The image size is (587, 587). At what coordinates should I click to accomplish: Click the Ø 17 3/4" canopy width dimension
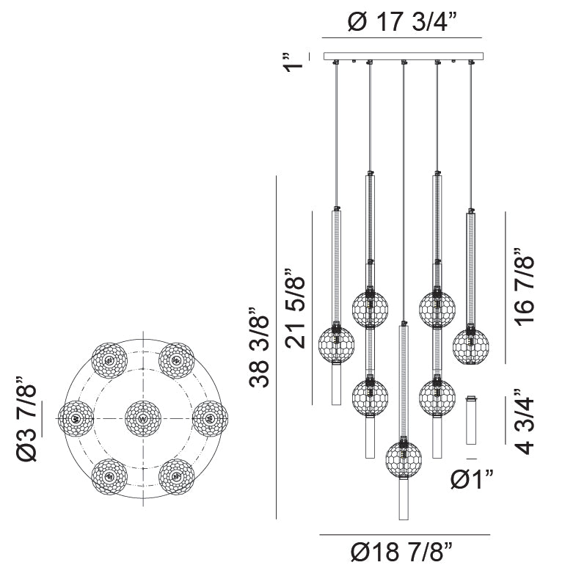click(x=402, y=23)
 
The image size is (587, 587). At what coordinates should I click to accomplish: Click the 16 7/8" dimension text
click(x=524, y=291)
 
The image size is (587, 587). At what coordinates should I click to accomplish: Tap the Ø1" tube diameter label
click(x=472, y=481)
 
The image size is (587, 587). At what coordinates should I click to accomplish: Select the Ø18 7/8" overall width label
click(x=401, y=553)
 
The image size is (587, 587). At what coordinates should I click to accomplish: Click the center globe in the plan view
click(x=142, y=419)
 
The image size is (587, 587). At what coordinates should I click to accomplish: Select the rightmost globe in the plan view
click(x=210, y=419)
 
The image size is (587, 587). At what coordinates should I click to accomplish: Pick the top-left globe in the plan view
click(x=109, y=360)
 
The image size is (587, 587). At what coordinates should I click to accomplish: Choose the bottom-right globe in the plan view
click(x=176, y=477)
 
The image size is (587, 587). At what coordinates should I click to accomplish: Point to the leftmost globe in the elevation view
click(x=337, y=344)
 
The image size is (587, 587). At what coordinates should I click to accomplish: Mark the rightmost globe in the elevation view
click(x=470, y=346)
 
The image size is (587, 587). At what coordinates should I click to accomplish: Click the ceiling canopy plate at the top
click(x=404, y=56)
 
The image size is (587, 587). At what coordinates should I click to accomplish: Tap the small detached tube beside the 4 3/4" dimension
click(x=471, y=420)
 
